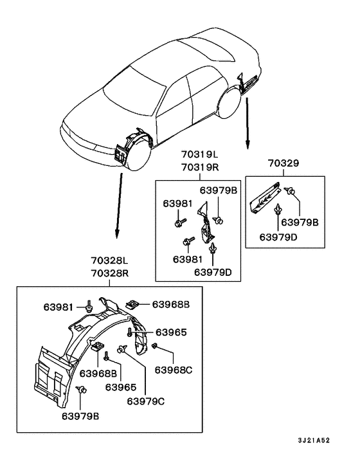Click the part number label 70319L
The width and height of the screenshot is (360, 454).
point(200,154)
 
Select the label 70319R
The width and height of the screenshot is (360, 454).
point(200,167)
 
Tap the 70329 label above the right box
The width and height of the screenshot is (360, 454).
point(283,163)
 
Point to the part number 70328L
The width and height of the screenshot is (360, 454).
point(109,260)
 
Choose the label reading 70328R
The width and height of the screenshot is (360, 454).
point(110,273)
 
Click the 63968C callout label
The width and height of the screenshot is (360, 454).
point(174,370)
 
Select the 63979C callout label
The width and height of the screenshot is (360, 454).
point(145,401)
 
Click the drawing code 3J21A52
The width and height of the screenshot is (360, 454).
point(314,440)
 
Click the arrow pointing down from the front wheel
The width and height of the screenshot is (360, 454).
point(119,206)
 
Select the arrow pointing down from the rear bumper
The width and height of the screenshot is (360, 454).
point(248,123)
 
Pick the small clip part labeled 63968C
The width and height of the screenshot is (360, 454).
point(154,345)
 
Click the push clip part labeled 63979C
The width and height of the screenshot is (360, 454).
point(122,349)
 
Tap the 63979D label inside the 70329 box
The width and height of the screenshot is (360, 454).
point(278,237)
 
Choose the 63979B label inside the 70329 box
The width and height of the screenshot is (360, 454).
point(300,222)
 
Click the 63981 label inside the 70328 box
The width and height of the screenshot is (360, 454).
point(58,307)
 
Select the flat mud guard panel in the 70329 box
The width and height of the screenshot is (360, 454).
point(265,198)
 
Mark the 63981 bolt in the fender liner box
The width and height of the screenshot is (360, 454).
point(89,306)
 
